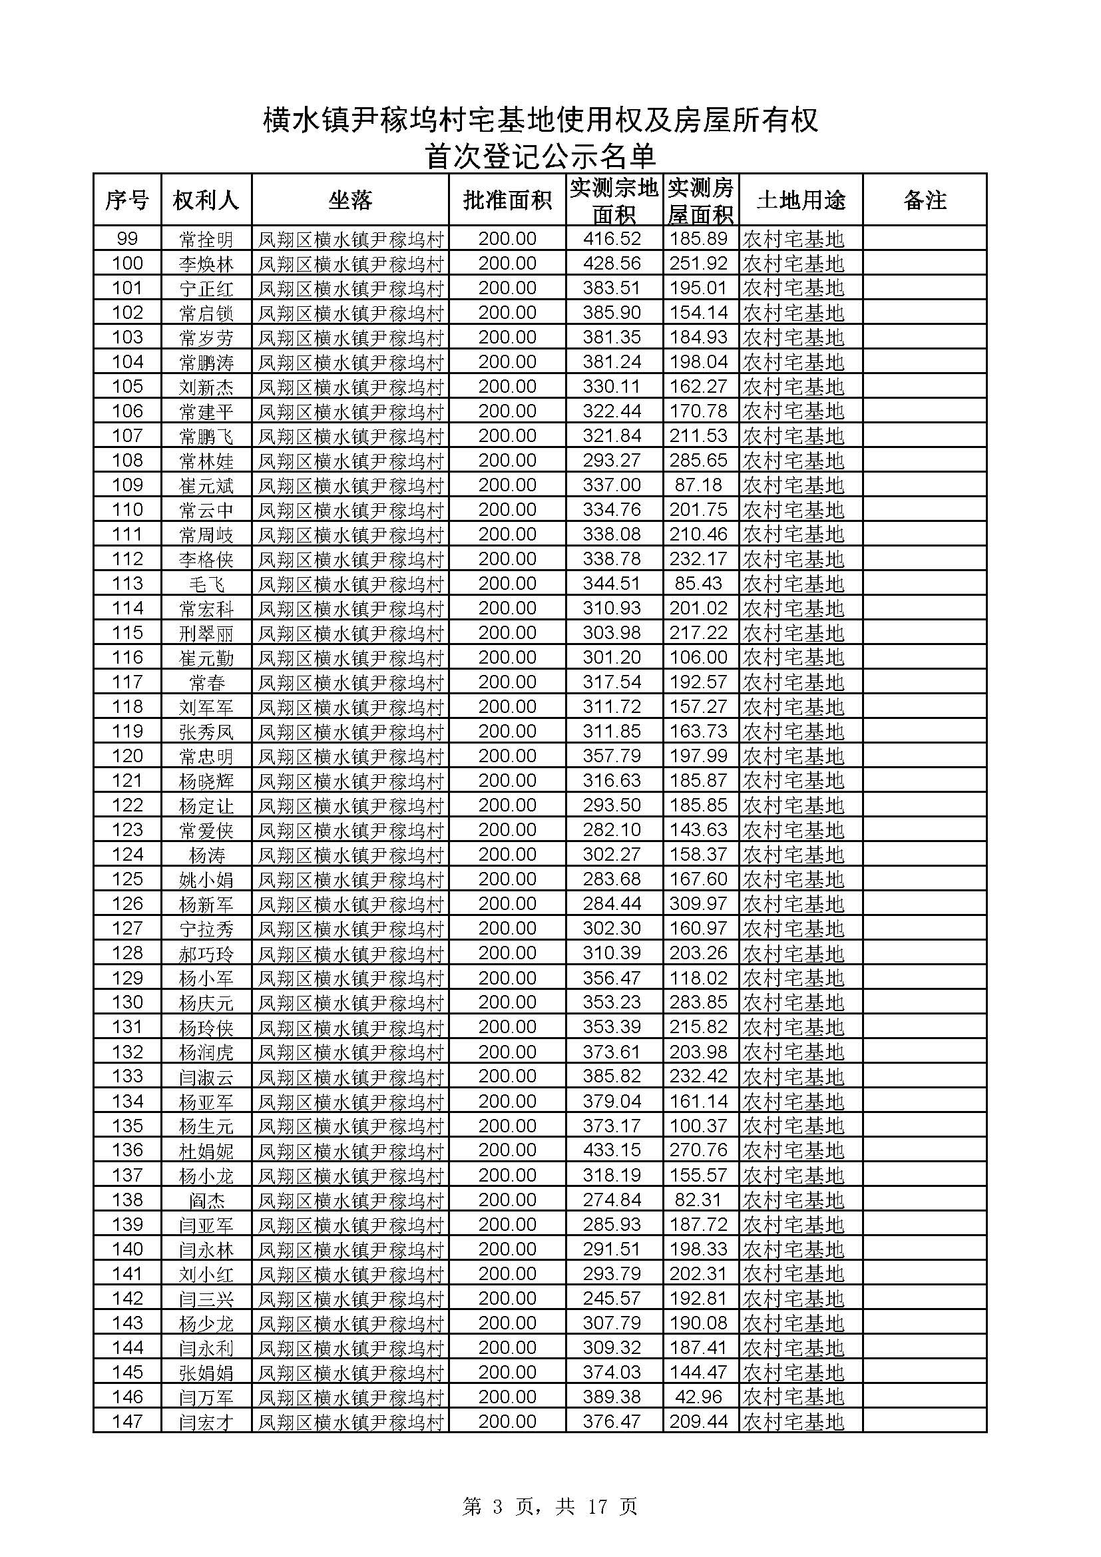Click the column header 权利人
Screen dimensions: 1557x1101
[206, 200]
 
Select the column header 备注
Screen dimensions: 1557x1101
[924, 200]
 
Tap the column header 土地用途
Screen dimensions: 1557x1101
[801, 200]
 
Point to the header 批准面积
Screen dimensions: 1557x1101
[507, 200]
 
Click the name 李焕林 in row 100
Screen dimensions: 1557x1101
[206, 264]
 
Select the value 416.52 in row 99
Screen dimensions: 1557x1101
[612, 239]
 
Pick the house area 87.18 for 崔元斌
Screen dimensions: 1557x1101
[698, 485]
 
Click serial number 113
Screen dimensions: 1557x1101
[127, 583]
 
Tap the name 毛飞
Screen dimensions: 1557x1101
[206, 584]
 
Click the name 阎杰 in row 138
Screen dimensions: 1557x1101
[206, 1200]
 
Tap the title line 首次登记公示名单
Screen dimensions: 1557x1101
[541, 156]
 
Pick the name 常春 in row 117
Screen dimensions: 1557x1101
[206, 682]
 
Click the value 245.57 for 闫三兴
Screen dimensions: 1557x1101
[612, 1298]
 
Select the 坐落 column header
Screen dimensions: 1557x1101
[350, 200]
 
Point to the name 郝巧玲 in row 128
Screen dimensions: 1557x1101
[206, 953]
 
